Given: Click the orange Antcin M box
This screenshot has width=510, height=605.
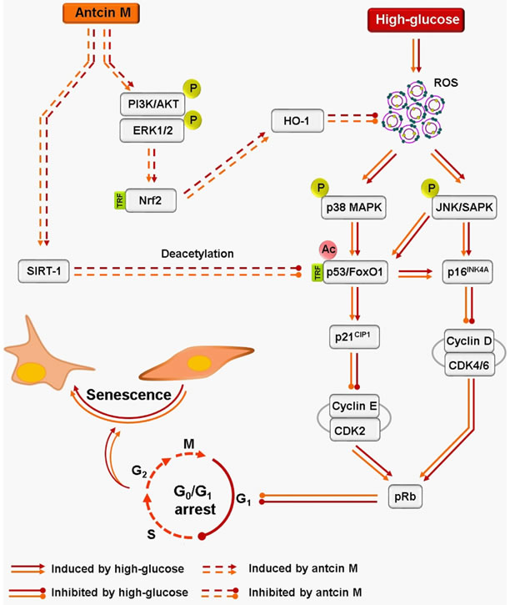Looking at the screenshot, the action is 101,13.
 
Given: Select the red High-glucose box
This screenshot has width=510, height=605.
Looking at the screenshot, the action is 416,20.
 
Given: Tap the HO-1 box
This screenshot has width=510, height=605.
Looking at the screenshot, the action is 297,121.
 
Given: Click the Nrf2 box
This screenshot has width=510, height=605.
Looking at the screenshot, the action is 151,200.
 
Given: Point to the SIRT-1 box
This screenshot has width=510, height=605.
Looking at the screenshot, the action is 43,271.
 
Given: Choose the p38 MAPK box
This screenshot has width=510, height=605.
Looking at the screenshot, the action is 353,208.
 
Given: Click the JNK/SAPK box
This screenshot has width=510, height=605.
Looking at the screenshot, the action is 464,208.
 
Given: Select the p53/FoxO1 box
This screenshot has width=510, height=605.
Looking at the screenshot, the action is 355,272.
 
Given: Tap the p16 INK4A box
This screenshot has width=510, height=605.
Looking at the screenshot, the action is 467,272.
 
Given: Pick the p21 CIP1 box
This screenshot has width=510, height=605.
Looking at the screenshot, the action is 354,337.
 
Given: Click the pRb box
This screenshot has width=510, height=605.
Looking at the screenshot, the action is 405,497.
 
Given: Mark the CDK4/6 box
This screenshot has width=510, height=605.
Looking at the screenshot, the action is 469,365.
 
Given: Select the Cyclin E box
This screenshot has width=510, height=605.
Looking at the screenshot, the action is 354,406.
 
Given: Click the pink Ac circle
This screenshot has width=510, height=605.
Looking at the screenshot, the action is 327,250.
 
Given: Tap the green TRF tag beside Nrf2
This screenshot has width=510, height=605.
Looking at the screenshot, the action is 120,200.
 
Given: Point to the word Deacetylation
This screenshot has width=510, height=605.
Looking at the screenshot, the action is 197,254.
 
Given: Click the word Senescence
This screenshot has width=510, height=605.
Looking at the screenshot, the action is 128,395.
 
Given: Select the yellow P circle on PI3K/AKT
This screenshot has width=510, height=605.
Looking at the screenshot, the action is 192,88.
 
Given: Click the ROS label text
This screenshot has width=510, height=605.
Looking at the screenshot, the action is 446,83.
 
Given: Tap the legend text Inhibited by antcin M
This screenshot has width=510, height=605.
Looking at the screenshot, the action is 305,592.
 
